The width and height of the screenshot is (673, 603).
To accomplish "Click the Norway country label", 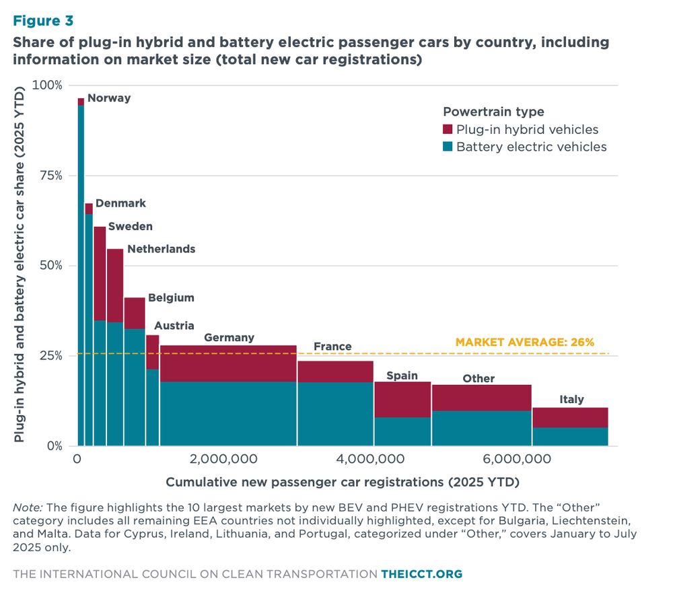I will pyautogui.click(x=109, y=98).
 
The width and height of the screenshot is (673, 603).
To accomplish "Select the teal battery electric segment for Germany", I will pyautogui.click(x=228, y=413).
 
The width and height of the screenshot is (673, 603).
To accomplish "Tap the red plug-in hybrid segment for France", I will pyautogui.click(x=335, y=371).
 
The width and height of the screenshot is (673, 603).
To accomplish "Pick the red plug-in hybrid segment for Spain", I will pyautogui.click(x=402, y=399).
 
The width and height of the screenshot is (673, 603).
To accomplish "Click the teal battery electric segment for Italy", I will pyautogui.click(x=570, y=436).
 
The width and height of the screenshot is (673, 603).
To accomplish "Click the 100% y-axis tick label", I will pyautogui.click(x=46, y=85).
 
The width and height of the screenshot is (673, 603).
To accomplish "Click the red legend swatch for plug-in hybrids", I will pyautogui.click(x=448, y=130).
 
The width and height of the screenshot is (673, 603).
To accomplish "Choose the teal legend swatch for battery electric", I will pyautogui.click(x=448, y=147).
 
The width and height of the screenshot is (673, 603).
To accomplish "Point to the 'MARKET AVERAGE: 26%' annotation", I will pyautogui.click(x=525, y=342).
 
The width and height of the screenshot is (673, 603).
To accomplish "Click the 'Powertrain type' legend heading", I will pyautogui.click(x=493, y=112).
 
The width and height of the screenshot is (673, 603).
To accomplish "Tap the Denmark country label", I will pyautogui.click(x=120, y=203).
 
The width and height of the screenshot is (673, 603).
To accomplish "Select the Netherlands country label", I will pyautogui.click(x=161, y=248).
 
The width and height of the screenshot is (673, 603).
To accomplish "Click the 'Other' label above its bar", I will pyautogui.click(x=479, y=378).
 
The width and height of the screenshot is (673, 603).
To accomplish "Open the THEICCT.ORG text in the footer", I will pyautogui.click(x=422, y=574).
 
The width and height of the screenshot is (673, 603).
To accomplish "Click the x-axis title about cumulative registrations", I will pyautogui.click(x=343, y=483).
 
